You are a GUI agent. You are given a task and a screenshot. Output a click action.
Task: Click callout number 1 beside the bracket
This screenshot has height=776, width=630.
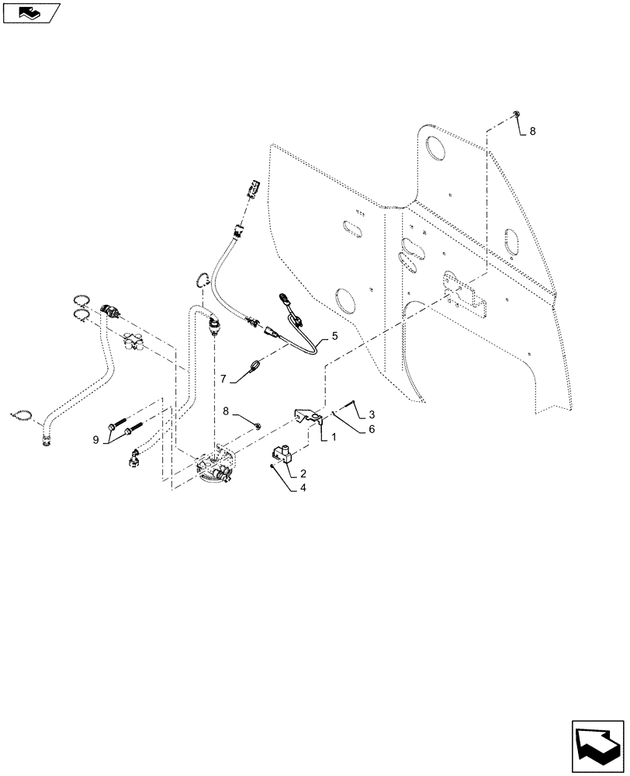tap(333, 437)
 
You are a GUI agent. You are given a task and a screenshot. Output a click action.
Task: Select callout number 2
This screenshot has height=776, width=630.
tap(303, 473)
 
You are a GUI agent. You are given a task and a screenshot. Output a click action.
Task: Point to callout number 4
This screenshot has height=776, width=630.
tap(302, 489)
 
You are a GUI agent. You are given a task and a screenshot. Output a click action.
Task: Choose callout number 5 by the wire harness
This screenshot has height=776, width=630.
tap(334, 336)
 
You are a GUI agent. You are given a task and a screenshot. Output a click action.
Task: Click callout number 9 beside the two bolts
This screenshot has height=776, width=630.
tap(96, 440)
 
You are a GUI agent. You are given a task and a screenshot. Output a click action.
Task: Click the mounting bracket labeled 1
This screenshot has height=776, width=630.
tap(309, 417)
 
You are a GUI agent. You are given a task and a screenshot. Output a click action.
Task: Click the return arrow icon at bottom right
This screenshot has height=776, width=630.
tap(597, 743)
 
